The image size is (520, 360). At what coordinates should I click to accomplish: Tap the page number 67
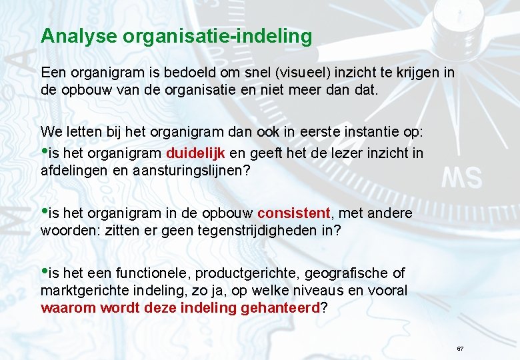[460, 349]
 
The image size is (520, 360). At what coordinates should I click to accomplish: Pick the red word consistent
[293, 213]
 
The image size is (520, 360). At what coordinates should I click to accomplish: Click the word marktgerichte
[81, 291]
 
